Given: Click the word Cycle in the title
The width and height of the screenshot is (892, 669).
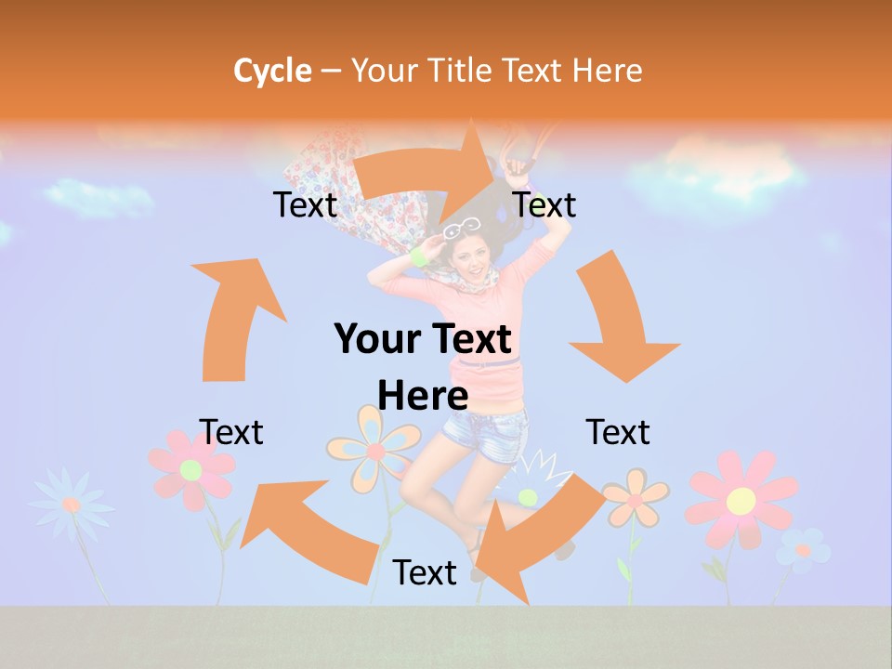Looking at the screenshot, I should [x=272, y=71].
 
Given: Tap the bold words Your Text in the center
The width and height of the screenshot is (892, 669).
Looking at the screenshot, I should [x=423, y=340].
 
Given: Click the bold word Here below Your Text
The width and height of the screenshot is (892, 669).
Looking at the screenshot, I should [x=423, y=396].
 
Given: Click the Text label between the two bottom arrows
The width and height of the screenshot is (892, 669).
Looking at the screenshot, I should [x=425, y=572].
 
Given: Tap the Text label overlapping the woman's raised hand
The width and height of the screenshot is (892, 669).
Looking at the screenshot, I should [x=544, y=204].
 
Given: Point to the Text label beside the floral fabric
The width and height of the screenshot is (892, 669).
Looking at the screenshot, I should [x=305, y=204].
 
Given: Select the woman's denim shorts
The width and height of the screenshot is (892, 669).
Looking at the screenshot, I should [x=482, y=432].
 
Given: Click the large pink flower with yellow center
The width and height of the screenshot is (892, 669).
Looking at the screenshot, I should [x=741, y=500].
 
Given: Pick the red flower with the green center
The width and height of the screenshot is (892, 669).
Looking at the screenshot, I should [x=191, y=468].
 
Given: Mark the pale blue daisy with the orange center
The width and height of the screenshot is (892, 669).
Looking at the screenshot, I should [x=71, y=504].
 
